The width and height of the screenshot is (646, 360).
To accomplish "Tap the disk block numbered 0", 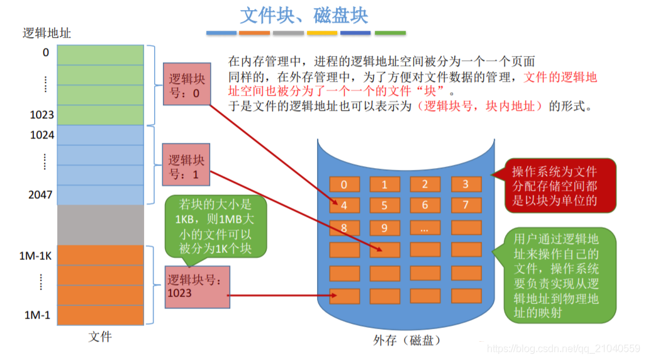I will coord(343,184).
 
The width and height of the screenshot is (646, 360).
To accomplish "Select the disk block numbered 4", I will coord(343,205).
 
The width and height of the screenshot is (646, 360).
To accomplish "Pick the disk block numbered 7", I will coord(465,205).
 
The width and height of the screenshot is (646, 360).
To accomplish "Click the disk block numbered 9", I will coord(384,227).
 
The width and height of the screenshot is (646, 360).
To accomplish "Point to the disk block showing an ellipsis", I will coord(425,227).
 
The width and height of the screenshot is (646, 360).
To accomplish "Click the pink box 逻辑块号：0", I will coord(184,86).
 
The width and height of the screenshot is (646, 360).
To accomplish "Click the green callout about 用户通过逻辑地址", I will coord(554,275).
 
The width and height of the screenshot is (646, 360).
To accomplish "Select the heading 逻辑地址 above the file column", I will coord(47,33).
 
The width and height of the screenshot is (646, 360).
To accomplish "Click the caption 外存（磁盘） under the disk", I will coord(406,340).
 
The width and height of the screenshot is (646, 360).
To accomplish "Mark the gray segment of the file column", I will coord(101,225).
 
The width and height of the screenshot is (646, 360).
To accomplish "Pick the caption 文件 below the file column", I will coord(100,337).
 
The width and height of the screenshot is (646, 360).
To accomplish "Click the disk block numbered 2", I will coord(425,184).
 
